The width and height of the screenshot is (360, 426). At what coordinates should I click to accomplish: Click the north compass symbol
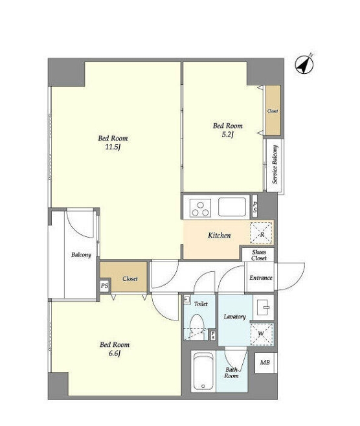pyautogui.click(x=304, y=65)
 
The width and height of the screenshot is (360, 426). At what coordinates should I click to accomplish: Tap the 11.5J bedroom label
pyautogui.click(x=113, y=142)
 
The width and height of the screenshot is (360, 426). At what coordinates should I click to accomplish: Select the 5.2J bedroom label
pyautogui.click(x=228, y=130)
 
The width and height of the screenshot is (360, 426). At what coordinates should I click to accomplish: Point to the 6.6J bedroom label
pyautogui.click(x=115, y=349)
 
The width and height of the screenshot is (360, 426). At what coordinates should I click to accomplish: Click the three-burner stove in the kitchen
pyautogui.click(x=201, y=208)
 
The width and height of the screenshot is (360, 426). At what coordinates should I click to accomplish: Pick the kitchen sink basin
pyautogui.click(x=232, y=207)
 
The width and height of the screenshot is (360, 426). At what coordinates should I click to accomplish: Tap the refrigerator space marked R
pyautogui.click(x=262, y=233)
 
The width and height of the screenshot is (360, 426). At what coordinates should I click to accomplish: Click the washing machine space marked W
pyautogui.click(x=261, y=334)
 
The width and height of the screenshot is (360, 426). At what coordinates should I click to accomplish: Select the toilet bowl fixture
pyautogui.click(x=197, y=327)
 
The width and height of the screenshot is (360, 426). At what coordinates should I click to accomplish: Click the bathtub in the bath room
pyautogui.click(x=203, y=372)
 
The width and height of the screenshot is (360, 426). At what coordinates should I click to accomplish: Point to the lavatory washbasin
pyautogui.click(x=263, y=308)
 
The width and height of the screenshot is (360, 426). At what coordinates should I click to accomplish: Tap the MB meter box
pyautogui.click(x=265, y=363)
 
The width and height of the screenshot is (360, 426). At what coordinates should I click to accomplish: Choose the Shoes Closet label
pyautogui.click(x=258, y=255)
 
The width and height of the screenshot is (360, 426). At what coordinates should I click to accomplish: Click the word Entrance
pyautogui.click(x=261, y=278)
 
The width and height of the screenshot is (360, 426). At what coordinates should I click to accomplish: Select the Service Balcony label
pyautogui.click(x=275, y=164)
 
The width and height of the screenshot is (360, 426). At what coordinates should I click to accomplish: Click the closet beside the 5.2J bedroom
pyautogui.click(x=273, y=111)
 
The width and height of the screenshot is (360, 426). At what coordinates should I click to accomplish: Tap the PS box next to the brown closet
pyautogui.click(x=104, y=286)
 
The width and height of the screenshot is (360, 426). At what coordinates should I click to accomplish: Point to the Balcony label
pyautogui.click(x=81, y=255)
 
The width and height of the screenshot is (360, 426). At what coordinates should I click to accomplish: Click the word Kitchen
pyautogui.click(x=219, y=236)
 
